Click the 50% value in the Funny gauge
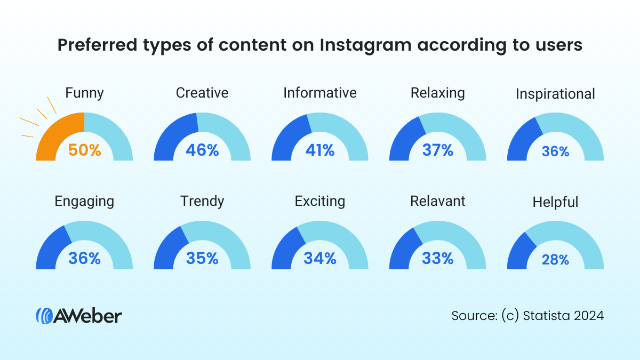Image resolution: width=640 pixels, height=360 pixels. pyautogui.click(x=84, y=150)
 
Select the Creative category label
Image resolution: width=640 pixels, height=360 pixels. pyautogui.click(x=202, y=93)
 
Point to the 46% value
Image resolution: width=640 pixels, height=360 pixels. pyautogui.click(x=202, y=150)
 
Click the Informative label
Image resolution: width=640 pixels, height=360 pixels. pyautogui.click(x=319, y=93)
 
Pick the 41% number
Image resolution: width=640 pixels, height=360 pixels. pyautogui.click(x=320, y=150)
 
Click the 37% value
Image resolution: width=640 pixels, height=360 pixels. pyautogui.click(x=437, y=150)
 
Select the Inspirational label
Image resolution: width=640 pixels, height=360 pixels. pyautogui.click(x=555, y=94)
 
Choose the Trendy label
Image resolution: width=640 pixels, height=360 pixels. pyautogui.click(x=202, y=201)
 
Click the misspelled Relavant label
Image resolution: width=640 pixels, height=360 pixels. pyautogui.click(x=437, y=201)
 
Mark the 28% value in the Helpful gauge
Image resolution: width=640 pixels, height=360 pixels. pyautogui.click(x=555, y=260)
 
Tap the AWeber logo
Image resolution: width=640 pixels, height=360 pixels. pyautogui.click(x=79, y=315)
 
